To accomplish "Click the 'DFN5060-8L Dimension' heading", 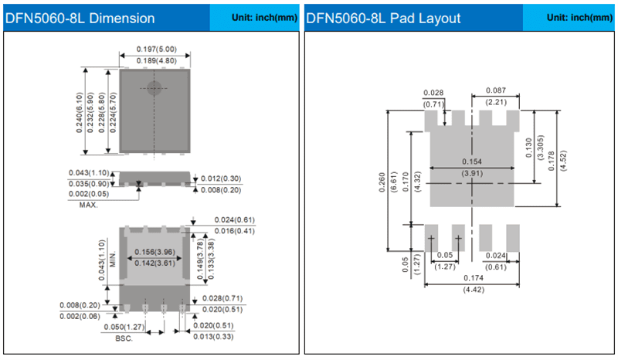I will [x=80, y=18].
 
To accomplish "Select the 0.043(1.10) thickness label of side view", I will [x=90, y=172].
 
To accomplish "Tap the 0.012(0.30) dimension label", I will [x=220, y=178].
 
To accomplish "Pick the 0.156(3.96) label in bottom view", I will [x=153, y=252].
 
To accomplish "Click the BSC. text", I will [x=124, y=338].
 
